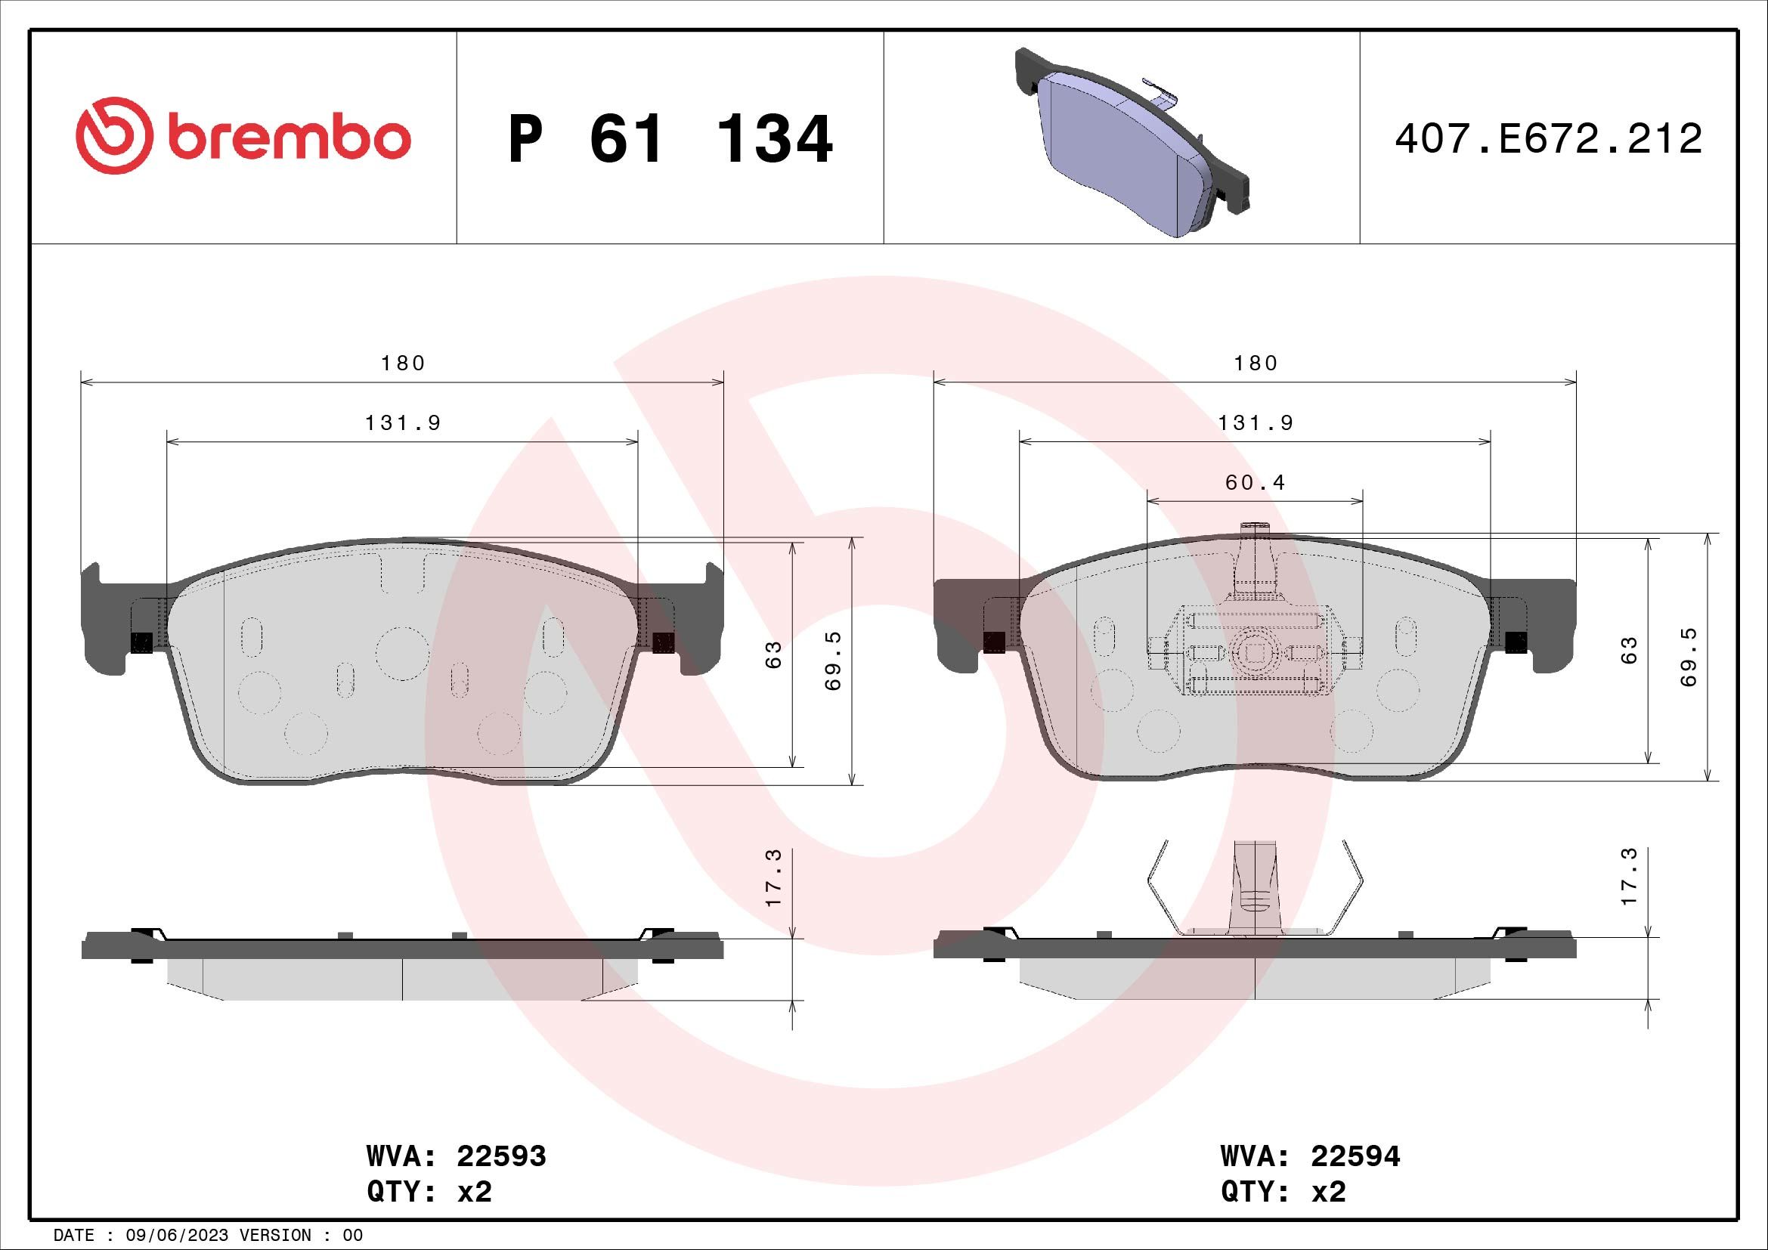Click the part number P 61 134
click(x=670, y=139)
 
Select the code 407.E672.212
click(x=1548, y=139)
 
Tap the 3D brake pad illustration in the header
click(x=1132, y=143)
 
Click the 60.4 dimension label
click(x=1256, y=483)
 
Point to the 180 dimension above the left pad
click(x=403, y=364)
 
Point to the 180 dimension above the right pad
click(x=1256, y=364)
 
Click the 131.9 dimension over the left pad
click(x=403, y=423)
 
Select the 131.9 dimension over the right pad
click(x=1256, y=423)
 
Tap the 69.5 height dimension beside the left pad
click(x=834, y=661)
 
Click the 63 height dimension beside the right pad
click(x=1630, y=651)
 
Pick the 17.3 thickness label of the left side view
click(x=774, y=877)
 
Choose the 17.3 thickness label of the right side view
click(x=1630, y=877)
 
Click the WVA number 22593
click(x=501, y=1156)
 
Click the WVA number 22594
click(x=1355, y=1156)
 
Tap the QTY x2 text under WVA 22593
click(x=429, y=1193)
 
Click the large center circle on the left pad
click(x=402, y=653)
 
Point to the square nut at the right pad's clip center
click(x=1256, y=653)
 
